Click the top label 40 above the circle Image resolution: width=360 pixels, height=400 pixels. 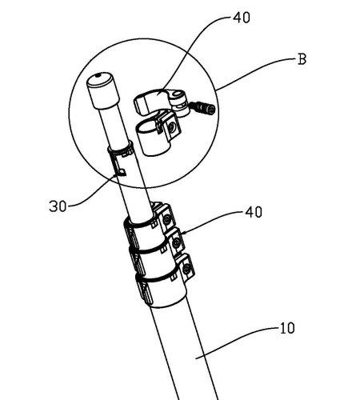(242, 18)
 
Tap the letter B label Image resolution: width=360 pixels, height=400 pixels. (302, 59)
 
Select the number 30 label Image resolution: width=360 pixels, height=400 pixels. (58, 206)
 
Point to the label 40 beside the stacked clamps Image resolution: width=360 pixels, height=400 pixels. (254, 212)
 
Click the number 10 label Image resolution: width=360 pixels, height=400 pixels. (287, 328)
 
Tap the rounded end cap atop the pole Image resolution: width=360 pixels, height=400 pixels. (102, 90)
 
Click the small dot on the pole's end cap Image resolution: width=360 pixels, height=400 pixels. (98, 75)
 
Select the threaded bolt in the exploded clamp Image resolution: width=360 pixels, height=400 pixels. (203, 107)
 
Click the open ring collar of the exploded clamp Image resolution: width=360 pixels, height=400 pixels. (150, 138)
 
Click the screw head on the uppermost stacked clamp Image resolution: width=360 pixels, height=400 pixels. (167, 219)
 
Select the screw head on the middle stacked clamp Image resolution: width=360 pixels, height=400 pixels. (176, 242)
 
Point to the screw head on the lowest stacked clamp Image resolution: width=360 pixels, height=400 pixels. (187, 269)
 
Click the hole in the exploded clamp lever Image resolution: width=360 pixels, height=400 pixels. (176, 94)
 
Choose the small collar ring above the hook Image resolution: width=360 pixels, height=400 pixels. (121, 148)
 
